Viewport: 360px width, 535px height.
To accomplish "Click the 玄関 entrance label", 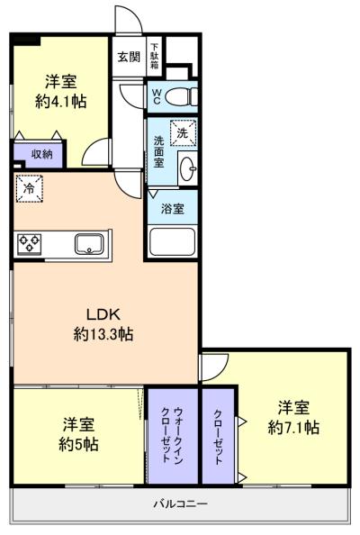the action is (129, 57).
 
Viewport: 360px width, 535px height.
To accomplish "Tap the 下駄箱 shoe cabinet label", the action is (155, 56).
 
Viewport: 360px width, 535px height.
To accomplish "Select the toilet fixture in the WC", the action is (181, 96).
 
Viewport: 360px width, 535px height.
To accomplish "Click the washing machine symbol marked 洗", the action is (184, 132).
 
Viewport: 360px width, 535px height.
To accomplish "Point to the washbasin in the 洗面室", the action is (188, 168).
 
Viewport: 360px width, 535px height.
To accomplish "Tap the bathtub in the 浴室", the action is (173, 241).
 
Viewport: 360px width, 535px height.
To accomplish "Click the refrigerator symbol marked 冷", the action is (29, 188).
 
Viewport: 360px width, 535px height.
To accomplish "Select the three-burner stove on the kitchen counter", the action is (30, 243).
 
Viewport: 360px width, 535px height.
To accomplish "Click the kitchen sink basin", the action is (89, 243).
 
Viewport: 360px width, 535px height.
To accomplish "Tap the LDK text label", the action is (103, 314).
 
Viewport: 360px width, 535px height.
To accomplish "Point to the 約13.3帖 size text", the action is (103, 334).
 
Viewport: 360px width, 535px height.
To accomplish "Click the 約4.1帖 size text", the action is (60, 102).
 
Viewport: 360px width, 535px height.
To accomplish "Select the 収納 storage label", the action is (41, 154).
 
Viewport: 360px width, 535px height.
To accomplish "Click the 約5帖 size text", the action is (79, 445).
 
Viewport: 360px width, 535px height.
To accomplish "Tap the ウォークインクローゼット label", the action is (173, 435).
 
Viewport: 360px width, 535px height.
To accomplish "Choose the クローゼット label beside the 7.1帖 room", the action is (218, 437).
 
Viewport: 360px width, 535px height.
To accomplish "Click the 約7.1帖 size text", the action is (293, 427).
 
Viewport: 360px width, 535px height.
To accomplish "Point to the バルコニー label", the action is (180, 503).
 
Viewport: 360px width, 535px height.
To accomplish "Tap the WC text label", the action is (156, 96).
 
